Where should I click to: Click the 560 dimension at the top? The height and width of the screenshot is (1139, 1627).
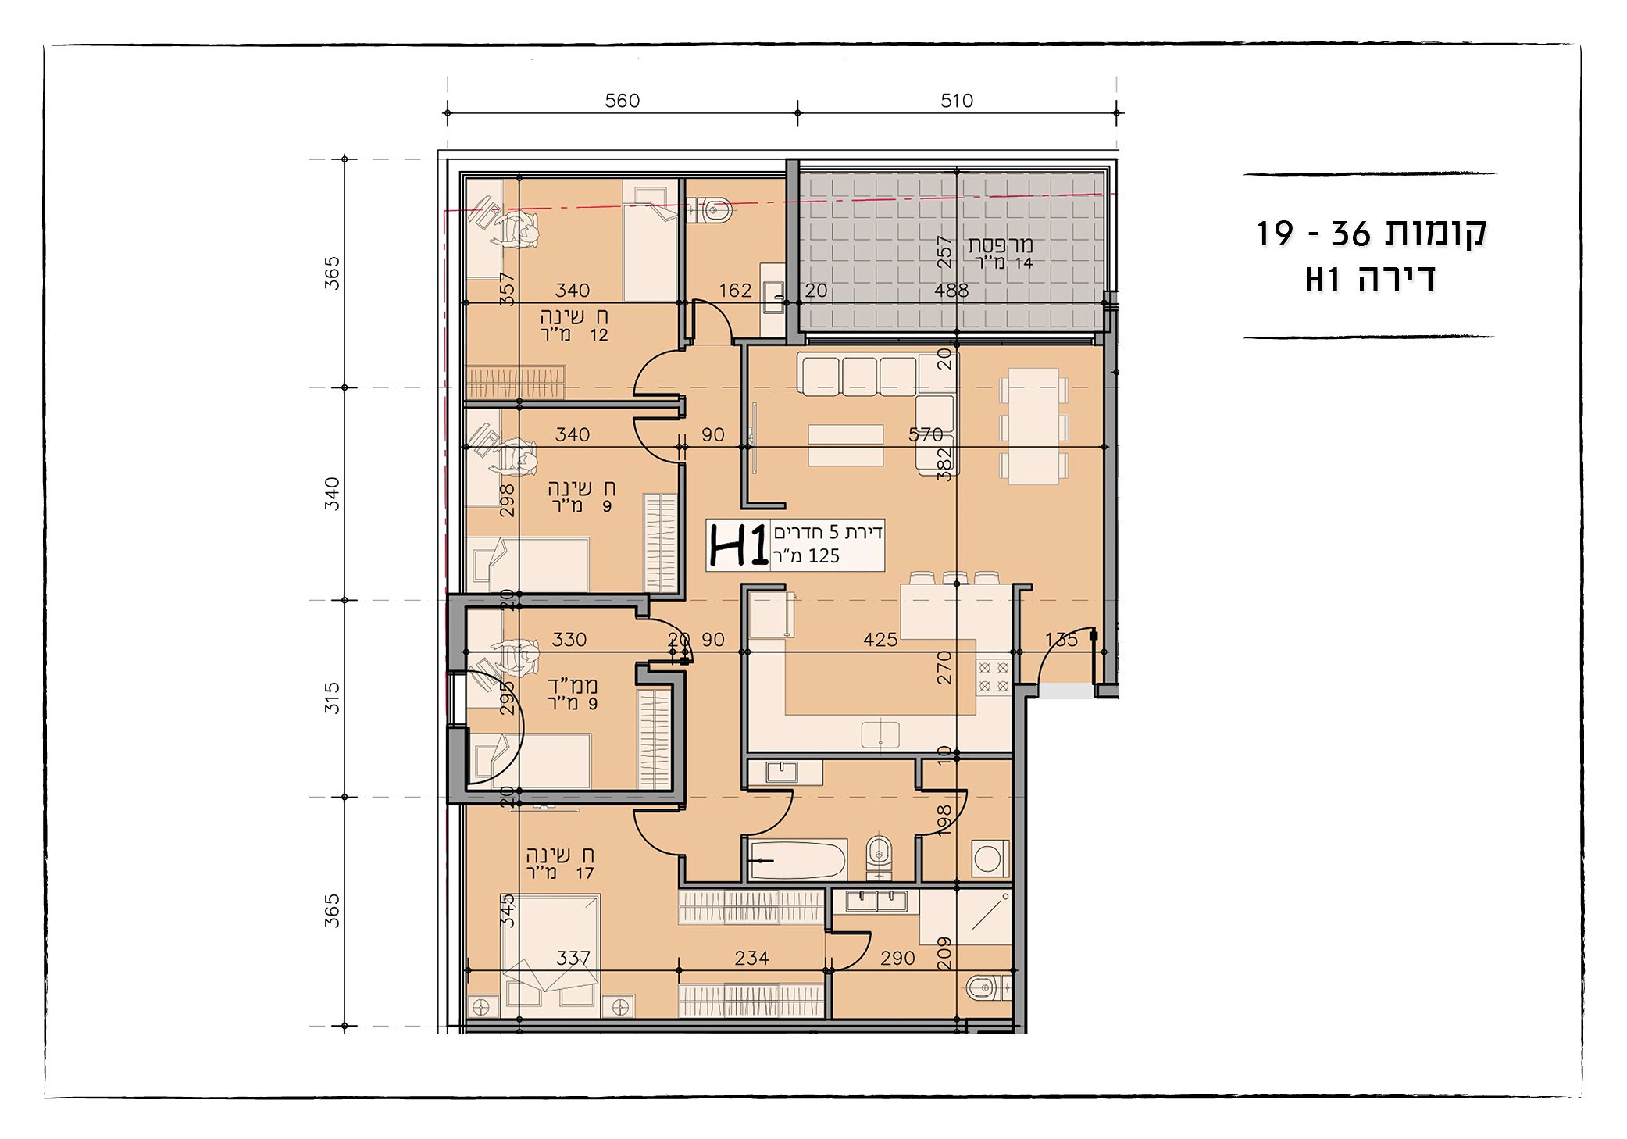click(x=622, y=101)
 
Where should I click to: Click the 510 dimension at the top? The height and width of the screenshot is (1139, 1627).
click(x=957, y=101)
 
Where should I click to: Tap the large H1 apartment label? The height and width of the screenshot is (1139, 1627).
click(x=737, y=545)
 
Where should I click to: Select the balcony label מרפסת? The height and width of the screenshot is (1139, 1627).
click(x=1001, y=244)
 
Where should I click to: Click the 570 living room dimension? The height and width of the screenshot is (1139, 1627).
click(x=926, y=434)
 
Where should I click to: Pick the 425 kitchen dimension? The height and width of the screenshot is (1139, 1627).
click(x=880, y=640)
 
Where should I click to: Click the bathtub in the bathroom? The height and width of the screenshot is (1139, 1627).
click(x=797, y=860)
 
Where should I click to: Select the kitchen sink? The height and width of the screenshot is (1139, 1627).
click(x=880, y=735)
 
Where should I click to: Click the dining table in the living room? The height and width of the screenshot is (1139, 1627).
click(x=1033, y=426)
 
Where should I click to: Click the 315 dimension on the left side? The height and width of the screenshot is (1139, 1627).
click(x=332, y=698)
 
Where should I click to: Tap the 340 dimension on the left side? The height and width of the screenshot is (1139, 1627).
click(x=332, y=494)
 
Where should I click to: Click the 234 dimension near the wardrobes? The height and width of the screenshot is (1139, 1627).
click(x=751, y=958)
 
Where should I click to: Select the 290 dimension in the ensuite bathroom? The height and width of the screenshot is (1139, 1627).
click(x=897, y=958)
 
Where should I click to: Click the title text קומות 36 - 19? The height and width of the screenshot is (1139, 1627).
click(x=1371, y=233)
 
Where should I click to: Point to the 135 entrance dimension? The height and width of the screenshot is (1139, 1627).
click(x=1061, y=640)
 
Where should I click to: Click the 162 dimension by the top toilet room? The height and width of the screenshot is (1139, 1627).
click(x=735, y=291)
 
